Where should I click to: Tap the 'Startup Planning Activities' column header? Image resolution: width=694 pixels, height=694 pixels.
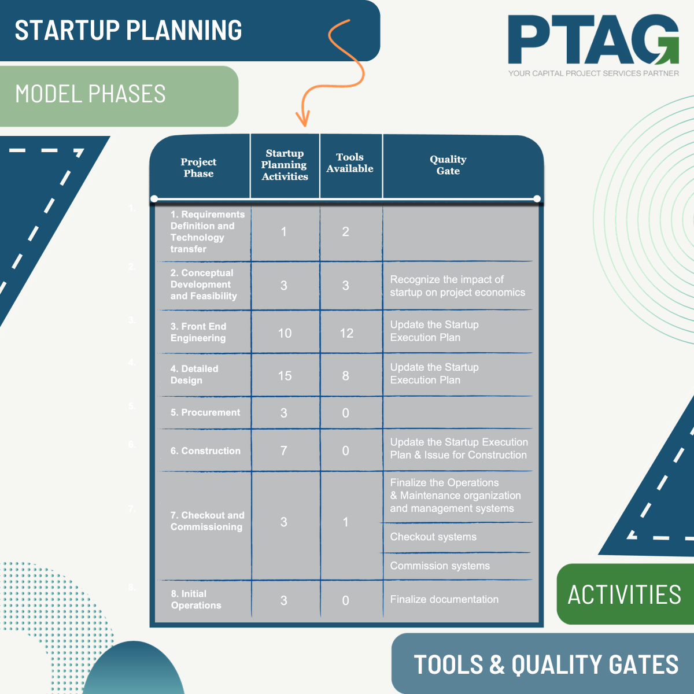coord(285,165)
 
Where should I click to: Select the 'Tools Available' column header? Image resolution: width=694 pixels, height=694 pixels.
coord(350,163)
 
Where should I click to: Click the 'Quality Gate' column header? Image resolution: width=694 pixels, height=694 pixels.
coord(448,165)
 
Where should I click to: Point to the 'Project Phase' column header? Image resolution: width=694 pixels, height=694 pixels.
coord(198,168)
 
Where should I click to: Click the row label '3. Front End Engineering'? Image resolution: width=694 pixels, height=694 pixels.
coord(198,333)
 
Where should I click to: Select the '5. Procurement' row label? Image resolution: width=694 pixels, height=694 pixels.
coord(205,412)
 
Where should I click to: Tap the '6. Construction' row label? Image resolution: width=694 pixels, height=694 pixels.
coord(205,451)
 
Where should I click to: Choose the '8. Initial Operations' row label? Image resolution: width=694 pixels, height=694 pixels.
coord(196,600)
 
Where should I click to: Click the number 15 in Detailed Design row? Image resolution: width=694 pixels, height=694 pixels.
coord(285,376)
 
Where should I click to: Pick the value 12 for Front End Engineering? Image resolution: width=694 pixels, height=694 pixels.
coord(346,333)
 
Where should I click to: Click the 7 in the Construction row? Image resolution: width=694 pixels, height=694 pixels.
coord(284,451)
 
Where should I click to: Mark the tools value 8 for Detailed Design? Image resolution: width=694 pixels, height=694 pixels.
coord(346,376)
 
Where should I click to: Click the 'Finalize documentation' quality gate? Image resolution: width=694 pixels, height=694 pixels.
coord(444,600)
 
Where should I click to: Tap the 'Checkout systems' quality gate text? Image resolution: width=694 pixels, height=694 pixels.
coord(433,537)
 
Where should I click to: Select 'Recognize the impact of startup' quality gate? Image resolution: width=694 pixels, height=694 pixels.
coord(457,286)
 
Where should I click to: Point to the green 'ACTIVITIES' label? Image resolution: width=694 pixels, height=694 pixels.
coord(625,595)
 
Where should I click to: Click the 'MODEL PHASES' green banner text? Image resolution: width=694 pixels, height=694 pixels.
coord(90,94)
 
